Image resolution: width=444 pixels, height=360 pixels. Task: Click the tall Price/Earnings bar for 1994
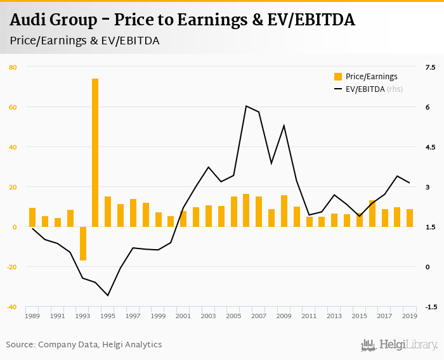95,152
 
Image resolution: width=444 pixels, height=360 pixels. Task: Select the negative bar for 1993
82,243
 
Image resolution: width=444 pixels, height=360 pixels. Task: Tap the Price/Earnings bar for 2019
410,218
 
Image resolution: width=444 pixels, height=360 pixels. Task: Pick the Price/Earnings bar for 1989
32,217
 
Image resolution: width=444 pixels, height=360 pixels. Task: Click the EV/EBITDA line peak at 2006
246,106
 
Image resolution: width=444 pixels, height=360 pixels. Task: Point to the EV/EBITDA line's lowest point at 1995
108,295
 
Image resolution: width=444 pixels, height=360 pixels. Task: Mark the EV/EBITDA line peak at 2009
284,125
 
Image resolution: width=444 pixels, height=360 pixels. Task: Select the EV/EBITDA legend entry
368,89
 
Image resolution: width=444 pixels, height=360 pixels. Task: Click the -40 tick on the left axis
12,307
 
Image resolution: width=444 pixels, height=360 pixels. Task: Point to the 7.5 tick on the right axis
431,67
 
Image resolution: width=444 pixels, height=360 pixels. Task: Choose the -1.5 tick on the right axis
430,307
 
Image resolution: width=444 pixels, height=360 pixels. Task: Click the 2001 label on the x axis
183,316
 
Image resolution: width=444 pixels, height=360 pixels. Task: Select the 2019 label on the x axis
410,316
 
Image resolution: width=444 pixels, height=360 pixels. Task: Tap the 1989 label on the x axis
32,316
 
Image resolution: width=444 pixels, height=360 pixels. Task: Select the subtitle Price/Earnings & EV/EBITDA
84,41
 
